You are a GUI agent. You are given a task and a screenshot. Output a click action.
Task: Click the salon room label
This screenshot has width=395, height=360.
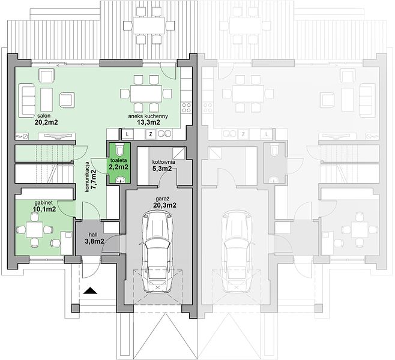44,116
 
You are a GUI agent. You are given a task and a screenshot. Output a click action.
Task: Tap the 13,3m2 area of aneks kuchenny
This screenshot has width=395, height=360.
149,122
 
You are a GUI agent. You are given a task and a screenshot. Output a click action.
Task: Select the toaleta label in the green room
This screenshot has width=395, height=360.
118,160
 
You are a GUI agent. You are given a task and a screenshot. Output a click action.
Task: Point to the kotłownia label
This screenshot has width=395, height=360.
163,162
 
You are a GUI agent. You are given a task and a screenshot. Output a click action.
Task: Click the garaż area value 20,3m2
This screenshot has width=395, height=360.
164,205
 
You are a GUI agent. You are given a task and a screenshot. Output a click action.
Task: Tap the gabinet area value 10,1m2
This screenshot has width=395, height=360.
44,209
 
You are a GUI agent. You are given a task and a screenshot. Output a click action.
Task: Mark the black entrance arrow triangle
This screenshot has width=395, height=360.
90,291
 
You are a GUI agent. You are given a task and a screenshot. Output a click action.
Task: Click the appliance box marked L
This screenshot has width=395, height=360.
127,134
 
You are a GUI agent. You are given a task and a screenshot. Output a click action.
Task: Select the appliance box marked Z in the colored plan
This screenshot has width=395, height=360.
151,134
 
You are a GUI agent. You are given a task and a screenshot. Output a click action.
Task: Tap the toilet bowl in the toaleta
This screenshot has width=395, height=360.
119,149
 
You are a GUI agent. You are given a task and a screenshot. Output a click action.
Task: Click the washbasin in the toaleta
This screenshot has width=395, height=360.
120,179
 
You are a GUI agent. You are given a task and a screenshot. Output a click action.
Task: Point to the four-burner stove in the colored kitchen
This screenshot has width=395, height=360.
187,107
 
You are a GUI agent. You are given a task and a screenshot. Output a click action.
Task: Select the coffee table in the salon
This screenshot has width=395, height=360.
46,100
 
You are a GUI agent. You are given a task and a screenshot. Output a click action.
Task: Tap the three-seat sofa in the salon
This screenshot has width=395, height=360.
26,100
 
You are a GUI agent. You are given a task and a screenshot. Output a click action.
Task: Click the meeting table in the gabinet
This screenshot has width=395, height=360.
34,229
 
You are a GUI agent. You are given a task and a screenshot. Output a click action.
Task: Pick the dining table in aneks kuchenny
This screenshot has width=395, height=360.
146,94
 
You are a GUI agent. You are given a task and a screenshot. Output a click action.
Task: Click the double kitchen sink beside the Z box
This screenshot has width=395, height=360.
164,134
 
